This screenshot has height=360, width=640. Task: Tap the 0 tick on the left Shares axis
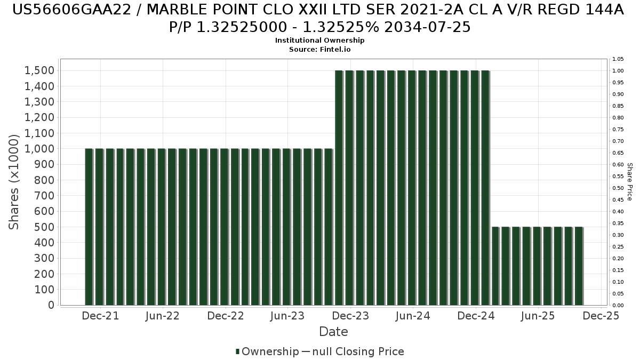pos(51,305)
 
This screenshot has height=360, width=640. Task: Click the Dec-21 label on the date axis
pos(101,316)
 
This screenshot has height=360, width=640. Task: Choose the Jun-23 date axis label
pos(287,316)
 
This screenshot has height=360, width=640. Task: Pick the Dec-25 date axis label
pos(601,316)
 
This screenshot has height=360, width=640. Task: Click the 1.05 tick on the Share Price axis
pos(618,59)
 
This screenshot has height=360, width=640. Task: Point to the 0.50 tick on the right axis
pos(618,188)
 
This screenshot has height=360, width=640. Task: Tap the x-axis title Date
pos(333,332)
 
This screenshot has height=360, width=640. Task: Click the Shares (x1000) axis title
pos(15,182)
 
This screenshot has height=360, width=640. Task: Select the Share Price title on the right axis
pos(630,182)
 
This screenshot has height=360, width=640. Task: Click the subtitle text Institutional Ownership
pos(320,41)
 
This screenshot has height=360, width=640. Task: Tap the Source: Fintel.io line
pos(320,49)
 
